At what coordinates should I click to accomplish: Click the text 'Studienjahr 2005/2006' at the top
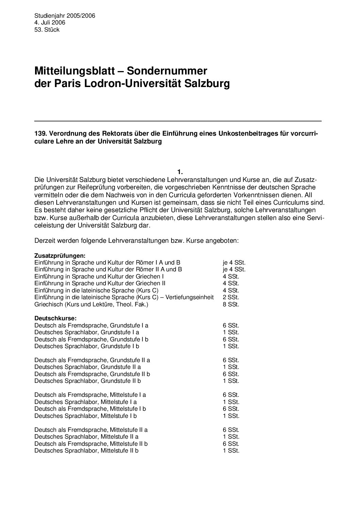pos(65,16)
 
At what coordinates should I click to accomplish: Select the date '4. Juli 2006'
pos(50,22)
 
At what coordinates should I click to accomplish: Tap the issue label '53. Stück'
pos(47,30)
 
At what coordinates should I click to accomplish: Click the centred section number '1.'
pos(180,172)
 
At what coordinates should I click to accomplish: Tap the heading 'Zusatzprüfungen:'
pos(60,255)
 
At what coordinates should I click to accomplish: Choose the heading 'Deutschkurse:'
pos(55,318)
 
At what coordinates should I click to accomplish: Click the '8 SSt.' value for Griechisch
pos(231,304)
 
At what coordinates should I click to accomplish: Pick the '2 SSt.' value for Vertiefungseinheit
pos(231,298)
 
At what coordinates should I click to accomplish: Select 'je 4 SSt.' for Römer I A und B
pos(234,262)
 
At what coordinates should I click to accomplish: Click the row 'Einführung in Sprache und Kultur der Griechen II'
pos(100,283)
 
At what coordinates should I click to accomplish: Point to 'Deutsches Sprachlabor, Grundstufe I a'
pos(87,332)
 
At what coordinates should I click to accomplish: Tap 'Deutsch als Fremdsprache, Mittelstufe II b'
pos(91,444)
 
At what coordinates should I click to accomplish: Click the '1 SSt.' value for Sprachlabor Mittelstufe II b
pos(231,451)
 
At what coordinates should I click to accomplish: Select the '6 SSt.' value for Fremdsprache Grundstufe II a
pos(231,360)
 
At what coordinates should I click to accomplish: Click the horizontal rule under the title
pos(178,121)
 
